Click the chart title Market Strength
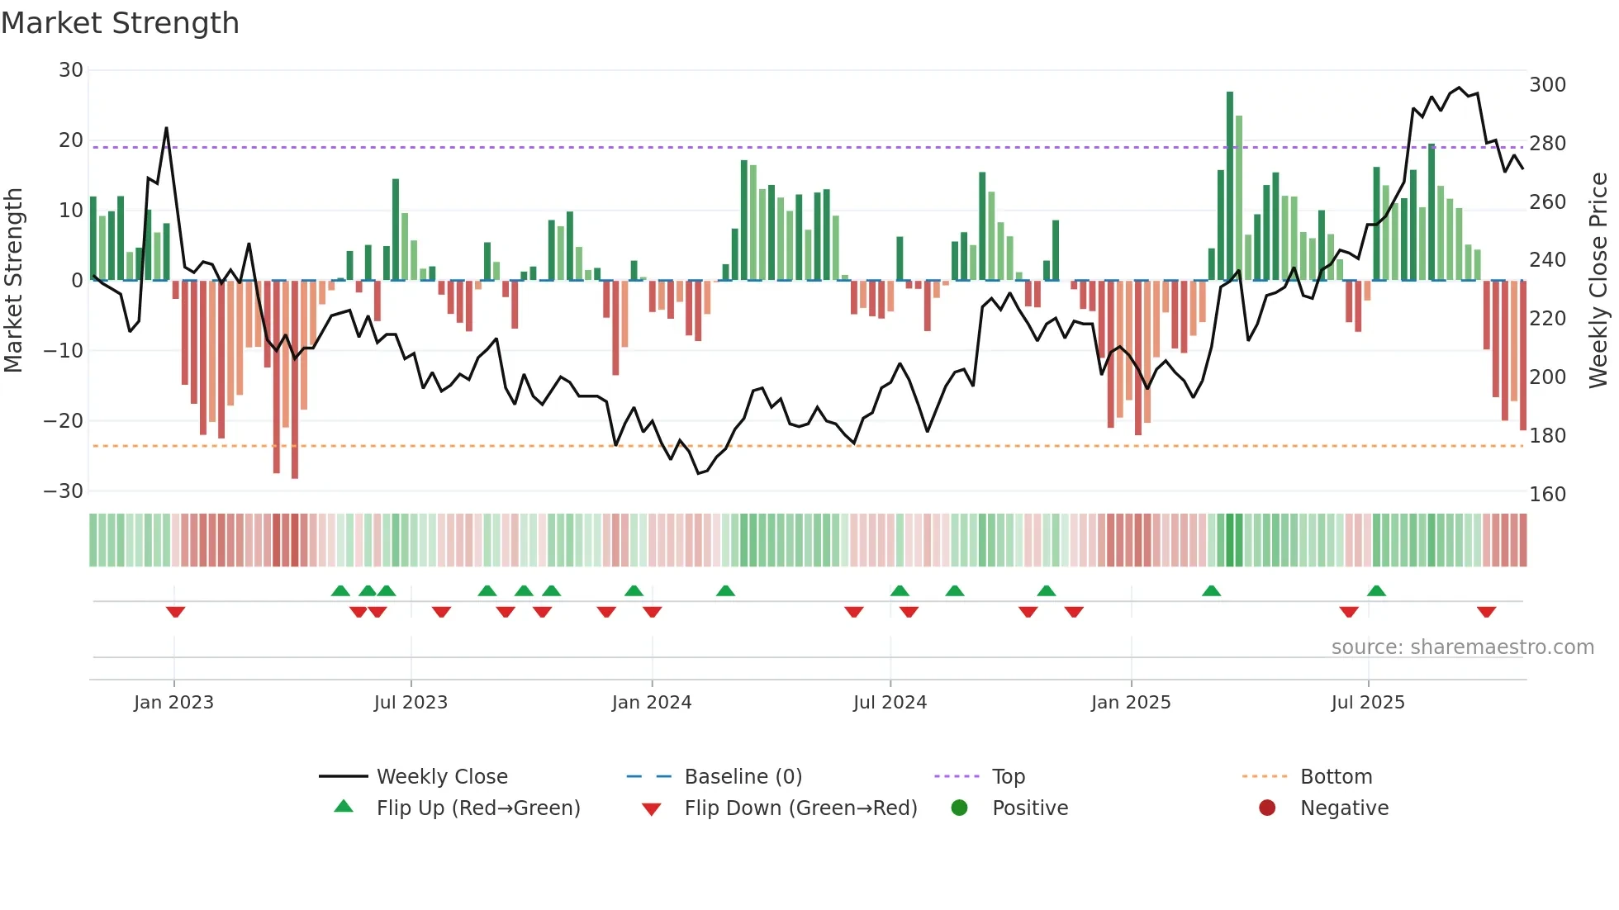click(x=120, y=23)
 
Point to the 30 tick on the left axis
click(x=71, y=70)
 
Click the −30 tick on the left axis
click(x=64, y=491)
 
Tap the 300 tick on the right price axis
click(x=1547, y=85)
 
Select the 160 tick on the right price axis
click(x=1547, y=495)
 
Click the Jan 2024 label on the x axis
click(x=651, y=703)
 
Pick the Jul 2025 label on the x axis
click(x=1367, y=703)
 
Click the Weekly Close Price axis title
click(x=1598, y=281)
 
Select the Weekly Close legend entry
click(x=442, y=777)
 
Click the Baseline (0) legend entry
click(x=743, y=777)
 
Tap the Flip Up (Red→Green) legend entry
click(x=477, y=808)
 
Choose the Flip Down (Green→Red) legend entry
click(x=800, y=808)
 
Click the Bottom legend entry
click(x=1336, y=777)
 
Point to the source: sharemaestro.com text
click(x=1462, y=647)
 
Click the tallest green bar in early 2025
click(x=1230, y=186)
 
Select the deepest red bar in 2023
click(x=295, y=380)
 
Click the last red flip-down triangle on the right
click(x=1486, y=612)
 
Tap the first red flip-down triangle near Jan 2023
click(x=175, y=612)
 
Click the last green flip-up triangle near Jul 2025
click(x=1376, y=590)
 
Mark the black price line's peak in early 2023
click(x=166, y=128)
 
